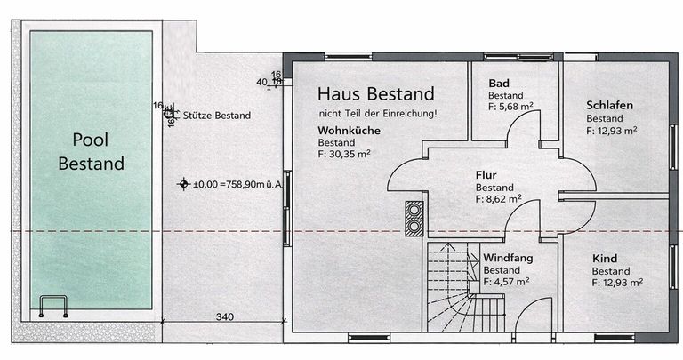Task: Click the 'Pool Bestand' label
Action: click(x=91, y=151)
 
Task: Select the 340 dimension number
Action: click(x=225, y=317)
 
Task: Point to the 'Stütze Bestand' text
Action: click(x=216, y=116)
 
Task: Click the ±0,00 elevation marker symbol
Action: click(x=184, y=184)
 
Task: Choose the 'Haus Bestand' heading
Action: click(x=376, y=93)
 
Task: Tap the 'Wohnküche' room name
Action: click(x=349, y=131)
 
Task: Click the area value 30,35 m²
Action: click(x=344, y=154)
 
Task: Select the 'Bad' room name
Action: click(x=499, y=84)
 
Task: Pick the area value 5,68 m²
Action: click(x=510, y=106)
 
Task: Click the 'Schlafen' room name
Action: click(x=609, y=106)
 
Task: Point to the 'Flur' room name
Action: click(x=486, y=175)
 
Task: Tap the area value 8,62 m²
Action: click(x=499, y=199)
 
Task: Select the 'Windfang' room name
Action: click(x=508, y=258)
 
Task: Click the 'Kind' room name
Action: click(x=605, y=259)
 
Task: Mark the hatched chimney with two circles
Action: click(x=414, y=219)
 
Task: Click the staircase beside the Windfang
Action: click(x=465, y=288)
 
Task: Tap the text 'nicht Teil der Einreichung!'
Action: click(x=378, y=114)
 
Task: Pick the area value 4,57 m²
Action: click(x=506, y=282)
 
